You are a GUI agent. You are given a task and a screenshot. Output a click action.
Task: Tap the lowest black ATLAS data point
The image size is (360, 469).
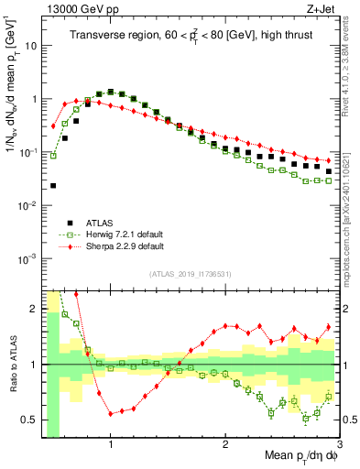(x=53, y=185)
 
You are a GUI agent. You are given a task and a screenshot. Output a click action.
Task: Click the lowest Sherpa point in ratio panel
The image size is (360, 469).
(x=111, y=414)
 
